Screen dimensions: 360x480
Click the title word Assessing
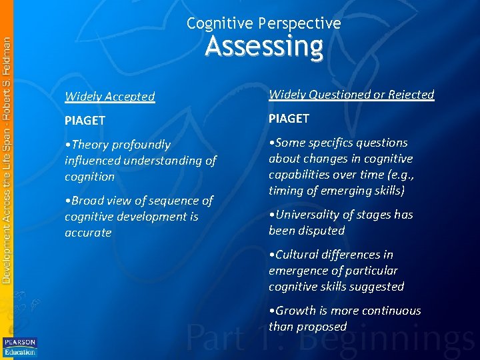(264, 47)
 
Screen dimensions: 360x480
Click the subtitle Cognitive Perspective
(264, 23)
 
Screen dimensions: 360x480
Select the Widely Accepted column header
(109, 96)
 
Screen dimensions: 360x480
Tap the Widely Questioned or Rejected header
(351, 95)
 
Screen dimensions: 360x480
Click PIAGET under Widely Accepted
(85, 121)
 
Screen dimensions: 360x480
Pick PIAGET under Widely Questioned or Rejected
(289, 119)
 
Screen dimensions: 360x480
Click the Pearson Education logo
(19, 347)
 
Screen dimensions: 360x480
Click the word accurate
(88, 233)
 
